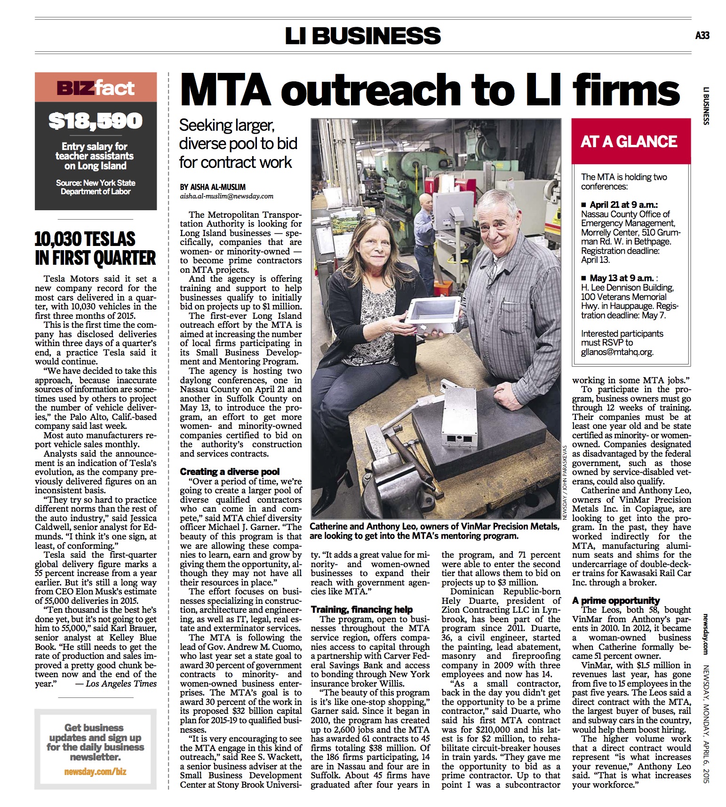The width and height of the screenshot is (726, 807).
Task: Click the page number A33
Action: tap(702, 35)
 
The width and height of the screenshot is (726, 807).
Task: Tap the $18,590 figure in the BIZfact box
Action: tap(96, 121)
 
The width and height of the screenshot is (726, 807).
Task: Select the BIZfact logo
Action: tap(96, 88)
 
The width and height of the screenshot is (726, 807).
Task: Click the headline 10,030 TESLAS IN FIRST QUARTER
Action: tap(95, 249)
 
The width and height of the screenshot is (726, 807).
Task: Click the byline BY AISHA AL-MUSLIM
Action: tap(213, 187)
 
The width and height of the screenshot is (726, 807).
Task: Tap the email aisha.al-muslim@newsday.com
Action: tap(226, 196)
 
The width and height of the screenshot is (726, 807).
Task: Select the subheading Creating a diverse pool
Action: tap(230, 471)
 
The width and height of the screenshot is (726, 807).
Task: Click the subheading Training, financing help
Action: tap(361, 609)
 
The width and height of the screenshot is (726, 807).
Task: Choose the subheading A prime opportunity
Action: tap(616, 600)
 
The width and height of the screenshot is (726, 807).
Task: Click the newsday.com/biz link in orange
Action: tap(95, 772)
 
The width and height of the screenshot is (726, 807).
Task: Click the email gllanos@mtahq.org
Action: tap(617, 352)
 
